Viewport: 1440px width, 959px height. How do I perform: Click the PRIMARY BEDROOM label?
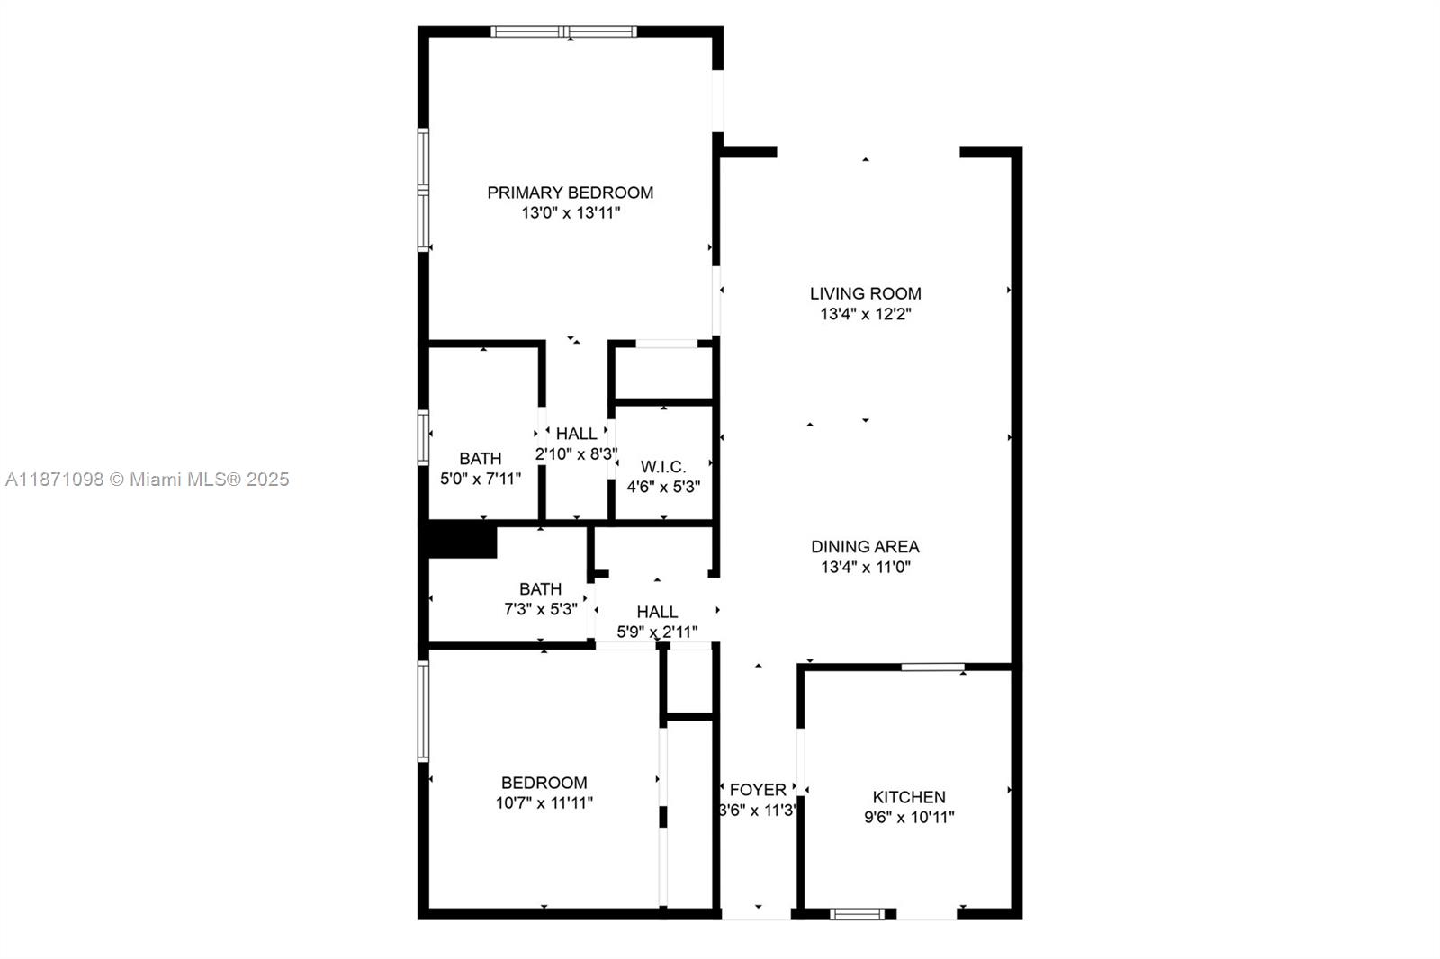(x=570, y=193)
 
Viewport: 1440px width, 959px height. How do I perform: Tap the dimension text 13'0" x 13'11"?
(x=570, y=213)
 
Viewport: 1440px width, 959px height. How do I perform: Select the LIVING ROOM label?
(x=865, y=293)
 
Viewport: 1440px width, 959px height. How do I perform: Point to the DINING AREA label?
(x=865, y=546)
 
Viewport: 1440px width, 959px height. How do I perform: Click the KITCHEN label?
(x=908, y=797)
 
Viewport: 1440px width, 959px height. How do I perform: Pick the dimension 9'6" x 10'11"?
(x=908, y=818)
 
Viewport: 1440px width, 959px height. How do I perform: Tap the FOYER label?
(x=758, y=790)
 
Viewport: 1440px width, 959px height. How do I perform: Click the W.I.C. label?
(x=663, y=467)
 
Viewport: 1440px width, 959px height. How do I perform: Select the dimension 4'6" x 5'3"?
(x=663, y=487)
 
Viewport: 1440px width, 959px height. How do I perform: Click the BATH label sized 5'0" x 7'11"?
(x=480, y=459)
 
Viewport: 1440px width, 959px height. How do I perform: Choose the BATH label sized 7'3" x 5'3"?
(x=540, y=589)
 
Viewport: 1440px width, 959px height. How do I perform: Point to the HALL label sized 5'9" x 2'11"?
(x=657, y=612)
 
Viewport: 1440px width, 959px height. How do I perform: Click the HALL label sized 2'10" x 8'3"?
(x=576, y=434)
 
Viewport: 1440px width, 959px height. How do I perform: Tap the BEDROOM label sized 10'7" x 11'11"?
(x=544, y=783)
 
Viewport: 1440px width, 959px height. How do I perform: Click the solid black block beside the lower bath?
(x=462, y=542)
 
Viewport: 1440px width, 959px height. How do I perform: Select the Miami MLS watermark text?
(x=147, y=479)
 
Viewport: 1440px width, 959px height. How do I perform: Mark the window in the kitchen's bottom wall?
(x=858, y=914)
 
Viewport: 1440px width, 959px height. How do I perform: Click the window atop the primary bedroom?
(x=564, y=31)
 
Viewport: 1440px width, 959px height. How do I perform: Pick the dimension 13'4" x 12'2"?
(x=865, y=314)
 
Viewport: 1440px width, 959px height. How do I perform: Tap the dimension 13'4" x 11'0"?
(x=865, y=567)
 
